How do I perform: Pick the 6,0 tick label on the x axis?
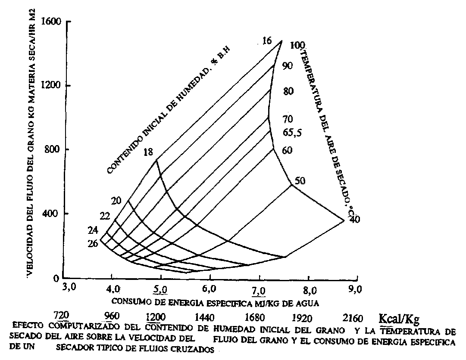[210, 288]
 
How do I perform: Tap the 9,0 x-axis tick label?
[356, 288]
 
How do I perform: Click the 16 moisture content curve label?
[267, 41]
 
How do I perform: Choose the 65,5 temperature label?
[292, 133]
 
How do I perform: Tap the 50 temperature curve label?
[300, 181]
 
